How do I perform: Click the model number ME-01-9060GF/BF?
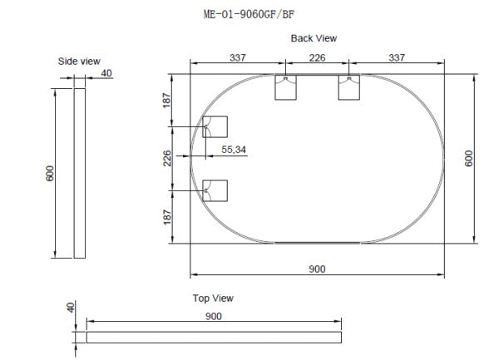coord(249,13)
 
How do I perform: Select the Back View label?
coord(314,38)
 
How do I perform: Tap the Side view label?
coord(80,62)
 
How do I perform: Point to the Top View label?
coord(213,298)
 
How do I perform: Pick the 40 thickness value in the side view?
coord(106,73)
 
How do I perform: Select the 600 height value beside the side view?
coord(49,174)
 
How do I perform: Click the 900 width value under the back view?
coord(317,268)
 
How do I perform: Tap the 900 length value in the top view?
coord(213,316)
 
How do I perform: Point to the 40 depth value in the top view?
coord(71,308)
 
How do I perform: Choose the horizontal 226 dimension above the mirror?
coord(317,57)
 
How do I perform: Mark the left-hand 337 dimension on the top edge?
coord(239,57)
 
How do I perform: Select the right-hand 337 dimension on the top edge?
coord(396,57)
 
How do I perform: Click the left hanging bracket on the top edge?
coord(285,87)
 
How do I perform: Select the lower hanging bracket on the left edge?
coord(215,190)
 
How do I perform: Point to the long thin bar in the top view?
coord(214,337)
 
